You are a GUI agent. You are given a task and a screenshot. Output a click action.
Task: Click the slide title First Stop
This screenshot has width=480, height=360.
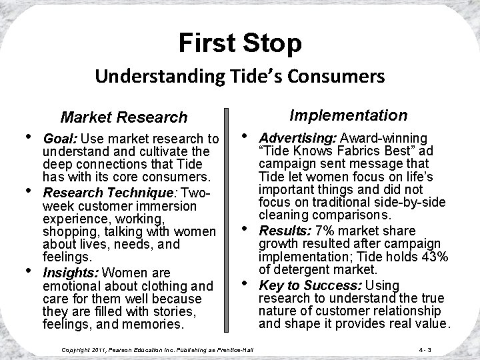[240, 43]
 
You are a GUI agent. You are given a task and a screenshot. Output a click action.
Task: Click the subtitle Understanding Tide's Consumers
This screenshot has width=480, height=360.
[239, 76]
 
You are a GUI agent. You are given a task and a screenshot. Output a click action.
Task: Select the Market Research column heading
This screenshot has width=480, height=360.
[124, 117]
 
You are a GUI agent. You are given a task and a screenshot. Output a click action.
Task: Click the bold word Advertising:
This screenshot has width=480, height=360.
[297, 138]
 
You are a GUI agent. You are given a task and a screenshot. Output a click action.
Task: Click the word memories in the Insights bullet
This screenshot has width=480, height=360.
[156, 325]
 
